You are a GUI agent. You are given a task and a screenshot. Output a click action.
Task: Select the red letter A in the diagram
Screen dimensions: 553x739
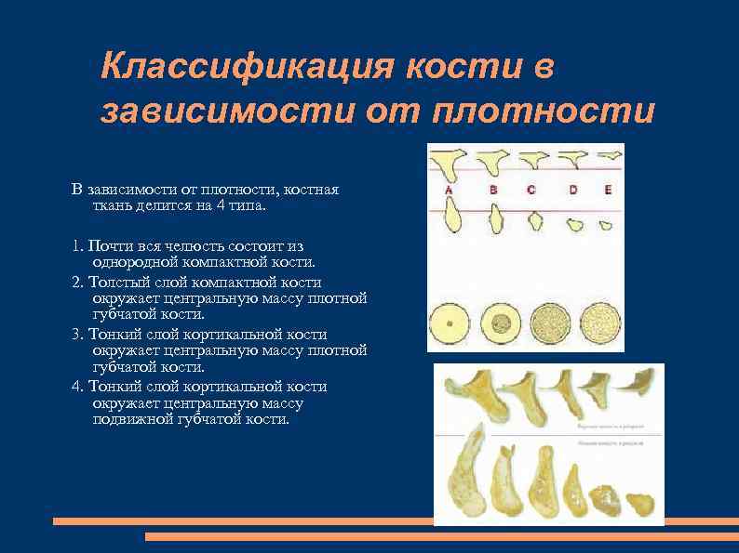coord(450,190)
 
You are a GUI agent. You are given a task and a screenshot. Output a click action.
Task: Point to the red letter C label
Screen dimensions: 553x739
coord(531,190)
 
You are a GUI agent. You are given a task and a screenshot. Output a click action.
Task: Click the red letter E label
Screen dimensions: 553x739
coord(607,190)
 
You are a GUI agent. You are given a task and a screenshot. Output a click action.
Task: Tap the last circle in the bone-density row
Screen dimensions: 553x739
coord(600,323)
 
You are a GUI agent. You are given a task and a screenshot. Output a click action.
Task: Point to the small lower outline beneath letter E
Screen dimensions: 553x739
coord(605,224)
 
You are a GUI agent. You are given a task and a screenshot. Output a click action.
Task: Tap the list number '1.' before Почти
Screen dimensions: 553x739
coord(77,246)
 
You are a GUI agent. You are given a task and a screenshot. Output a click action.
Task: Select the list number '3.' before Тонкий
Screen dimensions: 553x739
coord(77,334)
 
